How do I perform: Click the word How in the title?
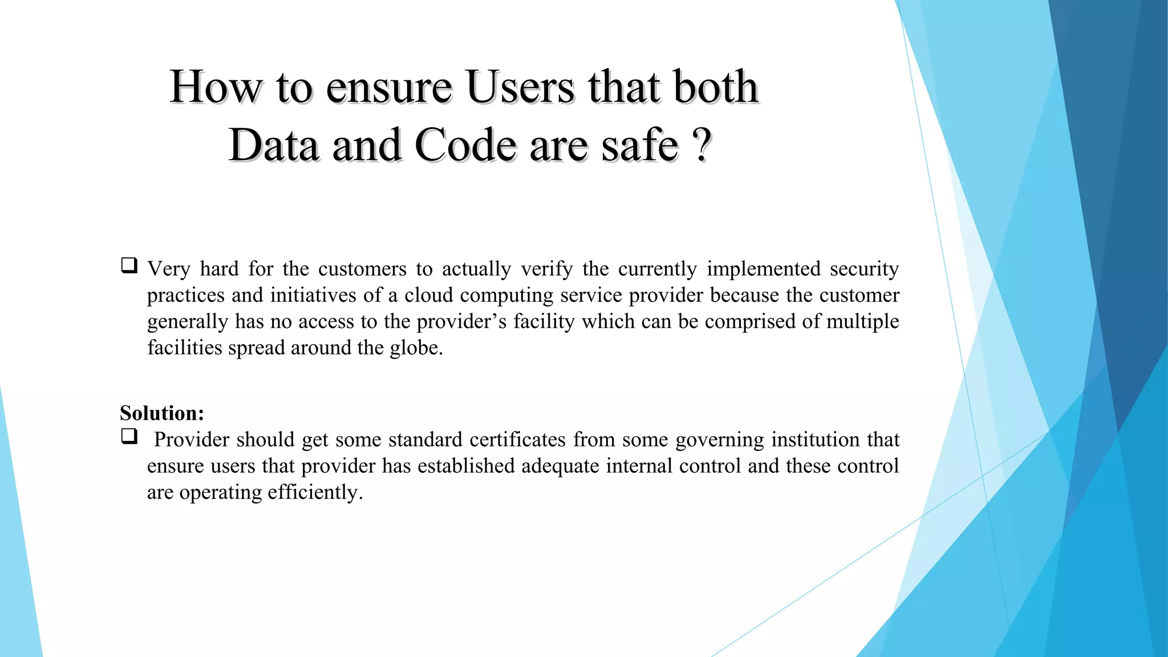pos(216,88)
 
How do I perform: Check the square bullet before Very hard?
pos(129,266)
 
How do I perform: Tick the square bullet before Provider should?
pos(129,437)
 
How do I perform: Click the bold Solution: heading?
pos(162,413)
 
